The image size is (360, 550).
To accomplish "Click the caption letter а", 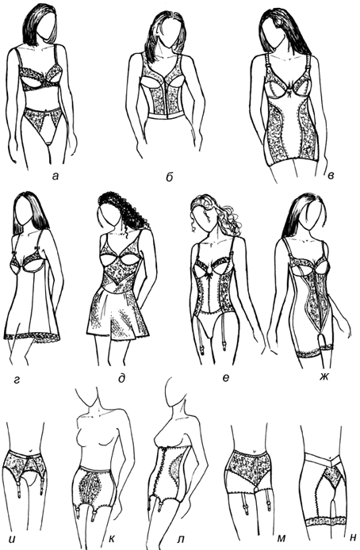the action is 55,177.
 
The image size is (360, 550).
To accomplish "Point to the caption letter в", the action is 330,174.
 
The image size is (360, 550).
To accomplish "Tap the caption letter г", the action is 16,379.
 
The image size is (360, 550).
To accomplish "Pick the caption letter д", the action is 122,378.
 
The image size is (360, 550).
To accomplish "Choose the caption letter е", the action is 226,378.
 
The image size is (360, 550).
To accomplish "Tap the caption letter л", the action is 181,537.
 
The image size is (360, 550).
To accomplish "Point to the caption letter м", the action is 281,537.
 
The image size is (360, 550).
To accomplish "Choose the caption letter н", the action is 353,537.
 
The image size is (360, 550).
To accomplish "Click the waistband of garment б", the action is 167,116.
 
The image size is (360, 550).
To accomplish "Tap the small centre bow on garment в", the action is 290,94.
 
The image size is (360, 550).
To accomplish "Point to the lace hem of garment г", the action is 33,338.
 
